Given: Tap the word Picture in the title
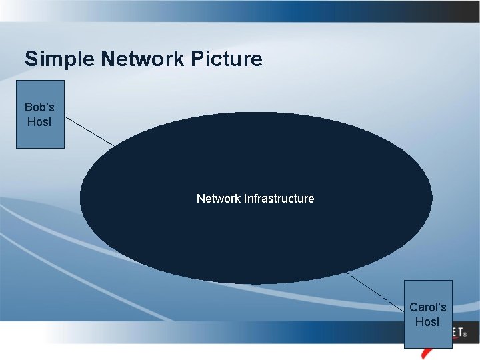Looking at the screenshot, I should point(227,59).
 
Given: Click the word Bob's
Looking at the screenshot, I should point(39,107).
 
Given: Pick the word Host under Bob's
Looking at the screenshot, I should point(39,122).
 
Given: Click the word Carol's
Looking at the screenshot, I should point(427,307).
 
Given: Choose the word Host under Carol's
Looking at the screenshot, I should point(427,322).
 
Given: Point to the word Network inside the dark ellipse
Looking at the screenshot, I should point(219,199).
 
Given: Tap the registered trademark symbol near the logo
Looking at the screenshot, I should point(465,333).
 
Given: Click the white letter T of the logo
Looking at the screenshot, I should point(459,331).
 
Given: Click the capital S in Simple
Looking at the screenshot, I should point(31,59).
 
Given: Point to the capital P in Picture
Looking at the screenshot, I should point(197,59).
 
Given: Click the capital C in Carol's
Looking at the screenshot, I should point(414,307).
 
